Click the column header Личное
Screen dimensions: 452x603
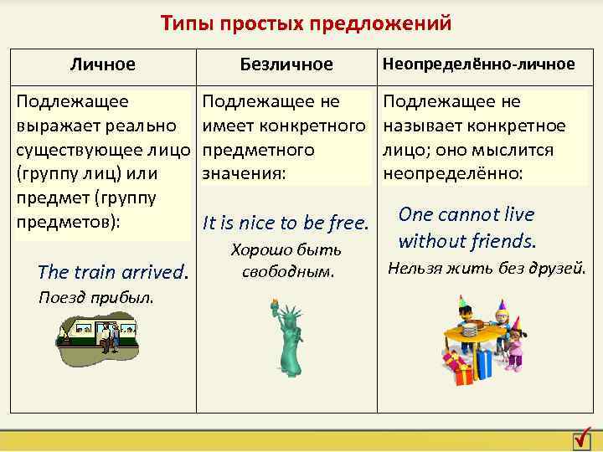[103, 64]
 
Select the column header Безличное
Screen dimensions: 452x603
[286, 64]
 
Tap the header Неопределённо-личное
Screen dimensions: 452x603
[478, 64]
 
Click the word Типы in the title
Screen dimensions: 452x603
[188, 23]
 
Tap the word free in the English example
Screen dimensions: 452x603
[349, 223]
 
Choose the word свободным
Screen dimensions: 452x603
[286, 271]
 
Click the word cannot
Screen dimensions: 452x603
[467, 214]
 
